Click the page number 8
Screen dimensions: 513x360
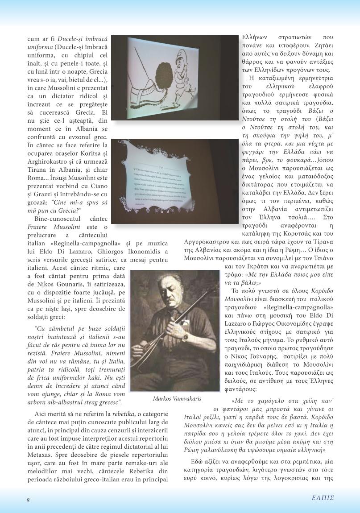tap(28, 500)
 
